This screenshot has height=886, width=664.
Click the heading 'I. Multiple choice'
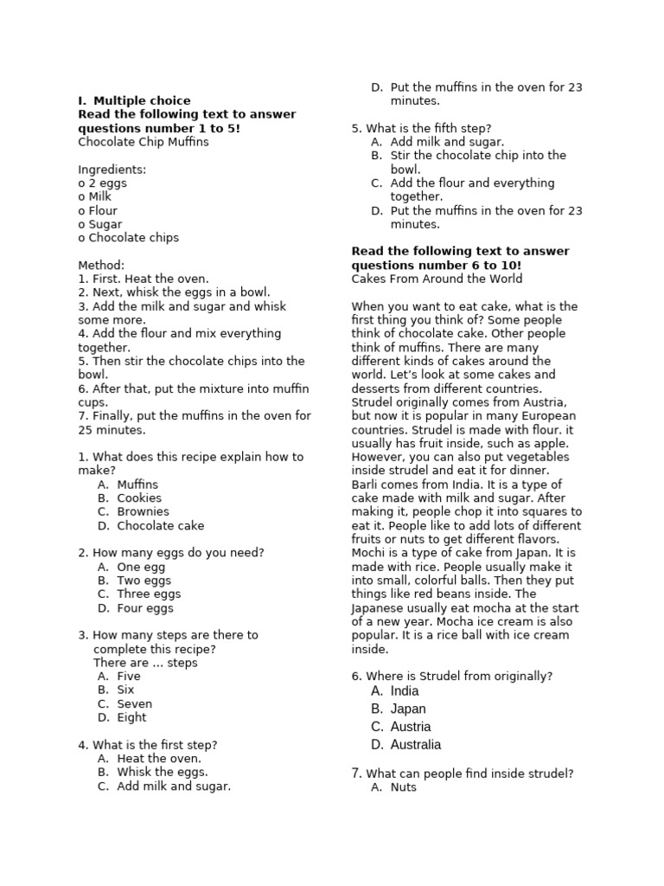134,100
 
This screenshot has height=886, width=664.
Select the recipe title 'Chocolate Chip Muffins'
143,142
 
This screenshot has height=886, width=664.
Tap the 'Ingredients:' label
112,170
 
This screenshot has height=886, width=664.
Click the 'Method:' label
101,265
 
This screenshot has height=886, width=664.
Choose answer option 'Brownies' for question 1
143,511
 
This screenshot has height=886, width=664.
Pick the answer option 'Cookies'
139,498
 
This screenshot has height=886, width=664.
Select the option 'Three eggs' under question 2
149,594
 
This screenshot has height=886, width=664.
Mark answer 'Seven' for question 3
134,703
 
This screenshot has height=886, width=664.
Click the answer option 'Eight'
131,717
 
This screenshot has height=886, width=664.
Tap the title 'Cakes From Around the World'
437,279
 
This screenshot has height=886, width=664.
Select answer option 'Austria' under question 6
411,727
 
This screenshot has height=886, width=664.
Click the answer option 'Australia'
416,744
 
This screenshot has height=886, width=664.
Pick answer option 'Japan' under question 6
408,709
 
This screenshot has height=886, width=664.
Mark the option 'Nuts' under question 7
404,787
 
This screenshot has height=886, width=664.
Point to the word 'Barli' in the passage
366,485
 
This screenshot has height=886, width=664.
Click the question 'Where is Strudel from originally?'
459,676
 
